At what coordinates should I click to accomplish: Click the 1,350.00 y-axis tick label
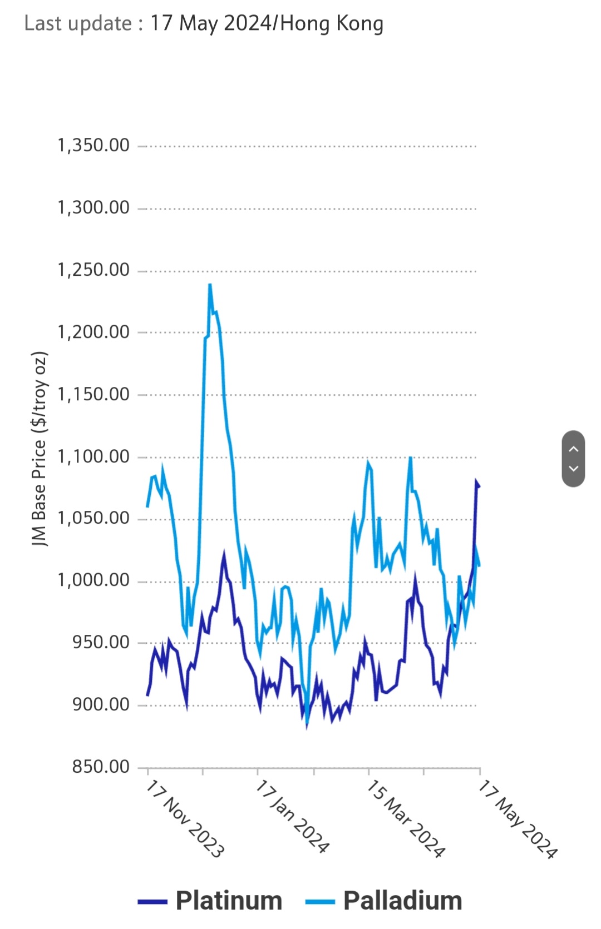click(93, 146)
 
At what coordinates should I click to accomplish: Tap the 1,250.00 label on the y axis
click(93, 270)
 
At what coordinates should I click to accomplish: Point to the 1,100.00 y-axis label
click(93, 457)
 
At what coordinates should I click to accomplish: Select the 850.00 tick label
click(101, 767)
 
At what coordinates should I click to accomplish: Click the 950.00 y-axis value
click(101, 643)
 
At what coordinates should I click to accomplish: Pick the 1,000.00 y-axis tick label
click(93, 580)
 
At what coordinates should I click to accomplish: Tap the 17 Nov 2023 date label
click(185, 818)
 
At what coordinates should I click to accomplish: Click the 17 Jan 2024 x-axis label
click(292, 816)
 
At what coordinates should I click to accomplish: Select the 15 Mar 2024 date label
click(406, 818)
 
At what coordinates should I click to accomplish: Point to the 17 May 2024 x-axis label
click(518, 819)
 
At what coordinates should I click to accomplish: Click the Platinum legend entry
click(229, 901)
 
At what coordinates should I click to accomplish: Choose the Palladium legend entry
click(402, 901)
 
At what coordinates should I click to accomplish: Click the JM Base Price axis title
click(39, 449)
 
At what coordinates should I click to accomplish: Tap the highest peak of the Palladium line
click(210, 285)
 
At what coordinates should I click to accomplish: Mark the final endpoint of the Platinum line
click(479, 486)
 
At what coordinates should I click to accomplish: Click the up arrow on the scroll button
click(574, 449)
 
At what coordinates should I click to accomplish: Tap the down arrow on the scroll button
click(574, 469)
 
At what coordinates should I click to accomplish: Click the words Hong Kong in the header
click(332, 23)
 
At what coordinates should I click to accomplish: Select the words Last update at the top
click(78, 23)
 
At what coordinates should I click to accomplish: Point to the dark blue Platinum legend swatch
click(152, 902)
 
